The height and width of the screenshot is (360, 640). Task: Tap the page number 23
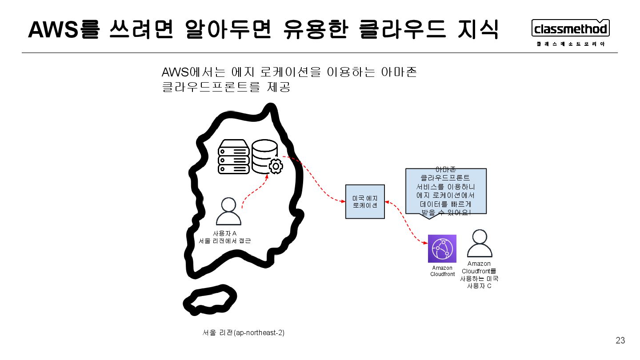coord(620,341)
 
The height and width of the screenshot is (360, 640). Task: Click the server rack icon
coord(233,157)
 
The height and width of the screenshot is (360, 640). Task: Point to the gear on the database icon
coord(276,166)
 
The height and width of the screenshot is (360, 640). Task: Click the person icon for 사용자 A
coord(228,212)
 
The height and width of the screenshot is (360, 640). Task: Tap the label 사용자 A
coord(224,234)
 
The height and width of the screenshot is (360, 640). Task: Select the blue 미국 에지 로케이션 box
coord(365,202)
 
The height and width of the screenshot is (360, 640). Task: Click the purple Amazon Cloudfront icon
coord(442,248)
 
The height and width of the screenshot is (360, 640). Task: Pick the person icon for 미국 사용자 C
coord(479,243)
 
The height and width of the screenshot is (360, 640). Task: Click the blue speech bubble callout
coord(446,192)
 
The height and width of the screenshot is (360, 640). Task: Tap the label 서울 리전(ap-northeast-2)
coord(243,333)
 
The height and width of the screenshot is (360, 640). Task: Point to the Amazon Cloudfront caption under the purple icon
coord(442,271)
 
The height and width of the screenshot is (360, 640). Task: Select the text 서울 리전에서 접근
coord(225,241)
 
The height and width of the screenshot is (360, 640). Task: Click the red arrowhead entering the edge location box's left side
coord(343,202)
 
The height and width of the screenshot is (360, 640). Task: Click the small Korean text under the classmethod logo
coord(571,44)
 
